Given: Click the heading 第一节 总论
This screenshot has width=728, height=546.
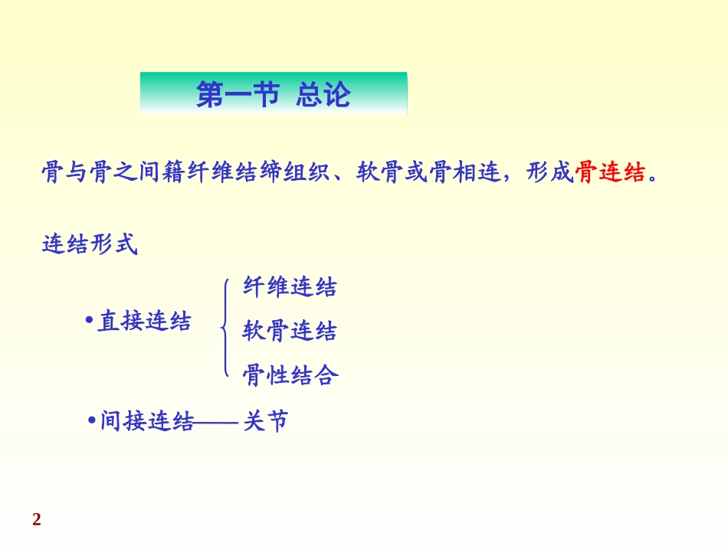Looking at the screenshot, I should click(x=273, y=94).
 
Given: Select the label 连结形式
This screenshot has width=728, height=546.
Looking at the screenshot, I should click(x=89, y=245).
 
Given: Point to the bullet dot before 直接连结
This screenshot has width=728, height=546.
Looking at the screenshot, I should click(x=89, y=319).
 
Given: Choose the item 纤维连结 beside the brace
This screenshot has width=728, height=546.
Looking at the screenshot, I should click(x=290, y=287).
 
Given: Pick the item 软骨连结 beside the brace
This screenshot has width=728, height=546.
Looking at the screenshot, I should click(x=290, y=332).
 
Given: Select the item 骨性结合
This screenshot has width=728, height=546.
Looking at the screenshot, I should click(x=290, y=375).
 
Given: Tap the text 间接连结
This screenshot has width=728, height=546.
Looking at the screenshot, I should click(x=147, y=421).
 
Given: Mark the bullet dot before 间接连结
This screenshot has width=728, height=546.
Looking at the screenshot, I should click(x=91, y=420).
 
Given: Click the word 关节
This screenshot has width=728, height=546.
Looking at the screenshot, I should click(x=266, y=421).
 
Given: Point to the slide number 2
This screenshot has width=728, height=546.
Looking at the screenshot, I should click(x=37, y=521).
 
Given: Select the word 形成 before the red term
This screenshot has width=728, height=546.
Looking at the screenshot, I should click(x=550, y=173).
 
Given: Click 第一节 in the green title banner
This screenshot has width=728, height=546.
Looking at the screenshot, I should click(x=237, y=94).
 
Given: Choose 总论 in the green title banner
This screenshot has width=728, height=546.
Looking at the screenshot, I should click(x=323, y=94).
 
